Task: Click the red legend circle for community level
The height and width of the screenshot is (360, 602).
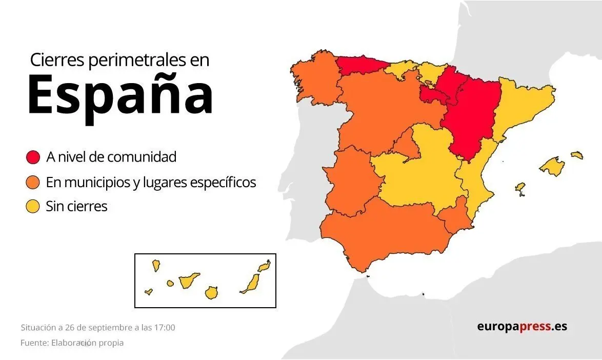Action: coord(33,157)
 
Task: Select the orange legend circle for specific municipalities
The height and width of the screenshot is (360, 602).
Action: coord(33,182)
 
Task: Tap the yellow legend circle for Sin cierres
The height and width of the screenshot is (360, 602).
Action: coord(33,207)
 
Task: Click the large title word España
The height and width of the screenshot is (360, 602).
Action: coord(120,95)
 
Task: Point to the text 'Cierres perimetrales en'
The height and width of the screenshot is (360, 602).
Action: coord(119,60)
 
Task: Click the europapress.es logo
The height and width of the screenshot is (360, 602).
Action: coord(522,326)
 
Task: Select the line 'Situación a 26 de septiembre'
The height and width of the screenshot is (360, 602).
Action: coord(98,327)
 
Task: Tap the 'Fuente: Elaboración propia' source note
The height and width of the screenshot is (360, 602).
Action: coord(72,343)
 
